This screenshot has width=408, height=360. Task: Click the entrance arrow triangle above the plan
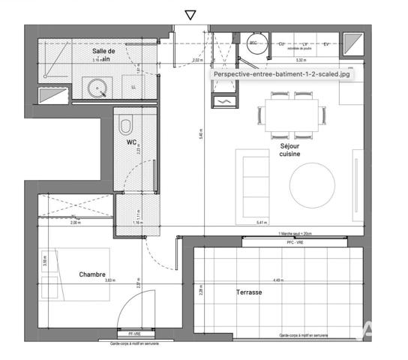[190, 14]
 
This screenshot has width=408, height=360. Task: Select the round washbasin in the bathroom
[97, 88]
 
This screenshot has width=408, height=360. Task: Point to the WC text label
[131, 142]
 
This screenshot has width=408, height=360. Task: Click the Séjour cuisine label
[290, 150]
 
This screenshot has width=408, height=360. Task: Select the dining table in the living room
[293, 115]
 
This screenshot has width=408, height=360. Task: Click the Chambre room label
[92, 274]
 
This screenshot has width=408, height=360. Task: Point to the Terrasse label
[249, 292]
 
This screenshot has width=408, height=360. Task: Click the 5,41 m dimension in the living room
[262, 223]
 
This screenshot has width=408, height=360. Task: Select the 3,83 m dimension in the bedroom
[111, 280]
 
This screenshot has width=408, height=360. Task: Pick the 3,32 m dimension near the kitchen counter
[300, 60]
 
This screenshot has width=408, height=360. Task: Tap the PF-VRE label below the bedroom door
[135, 333]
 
